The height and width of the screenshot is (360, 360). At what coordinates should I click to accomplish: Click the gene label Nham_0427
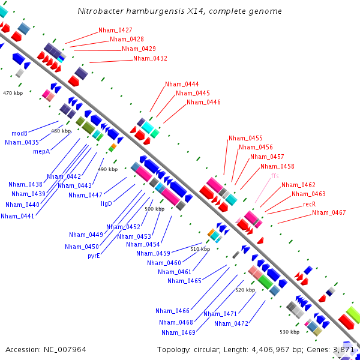pos(115,30)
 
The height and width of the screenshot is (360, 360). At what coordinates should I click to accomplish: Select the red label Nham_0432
pos(150,59)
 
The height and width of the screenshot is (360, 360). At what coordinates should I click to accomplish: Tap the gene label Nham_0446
pos(203,102)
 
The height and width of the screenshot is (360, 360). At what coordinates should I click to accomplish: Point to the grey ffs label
pos(275,176)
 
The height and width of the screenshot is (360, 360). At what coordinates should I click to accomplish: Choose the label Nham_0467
pos(329,212)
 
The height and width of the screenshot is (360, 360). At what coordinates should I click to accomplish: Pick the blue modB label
pos(19,133)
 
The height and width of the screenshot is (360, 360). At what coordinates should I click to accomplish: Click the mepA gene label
pos(41,152)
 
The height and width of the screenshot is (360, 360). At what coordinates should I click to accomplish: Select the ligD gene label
pos(106,204)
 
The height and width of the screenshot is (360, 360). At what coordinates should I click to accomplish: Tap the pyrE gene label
pos(94,256)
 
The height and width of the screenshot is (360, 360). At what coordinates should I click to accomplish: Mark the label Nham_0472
pos(231,323)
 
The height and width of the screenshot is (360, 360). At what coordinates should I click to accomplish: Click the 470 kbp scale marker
pos(13,93)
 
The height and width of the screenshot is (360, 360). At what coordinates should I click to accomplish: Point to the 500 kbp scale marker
pos(154,209)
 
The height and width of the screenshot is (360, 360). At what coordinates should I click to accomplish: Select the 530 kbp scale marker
pos(289,332)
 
